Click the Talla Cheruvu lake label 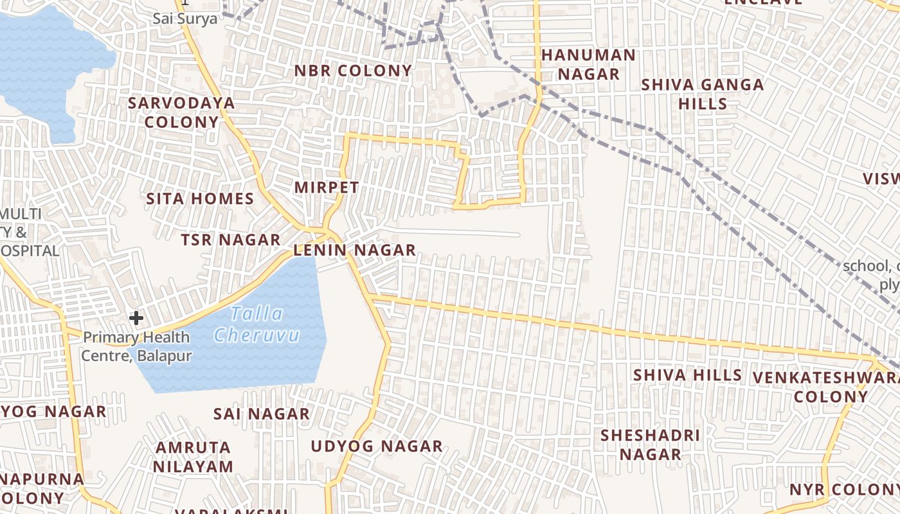coord(257,324)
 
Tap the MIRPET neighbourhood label coord(327,188)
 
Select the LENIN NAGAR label coord(354,251)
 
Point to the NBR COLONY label coord(353,71)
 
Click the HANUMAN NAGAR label coord(588,64)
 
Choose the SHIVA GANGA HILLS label coord(703,94)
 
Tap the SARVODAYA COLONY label coord(181,112)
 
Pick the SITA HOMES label coord(201,199)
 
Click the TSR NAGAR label coord(230,240)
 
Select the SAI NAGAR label coord(262,414)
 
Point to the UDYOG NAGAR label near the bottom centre coord(377,446)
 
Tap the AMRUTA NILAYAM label coord(193,456)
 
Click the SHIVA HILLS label coord(687,375)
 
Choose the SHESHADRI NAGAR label coord(650,445)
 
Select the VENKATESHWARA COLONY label coord(826,386)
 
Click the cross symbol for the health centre coord(136,317)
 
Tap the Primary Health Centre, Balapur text coord(136,346)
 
